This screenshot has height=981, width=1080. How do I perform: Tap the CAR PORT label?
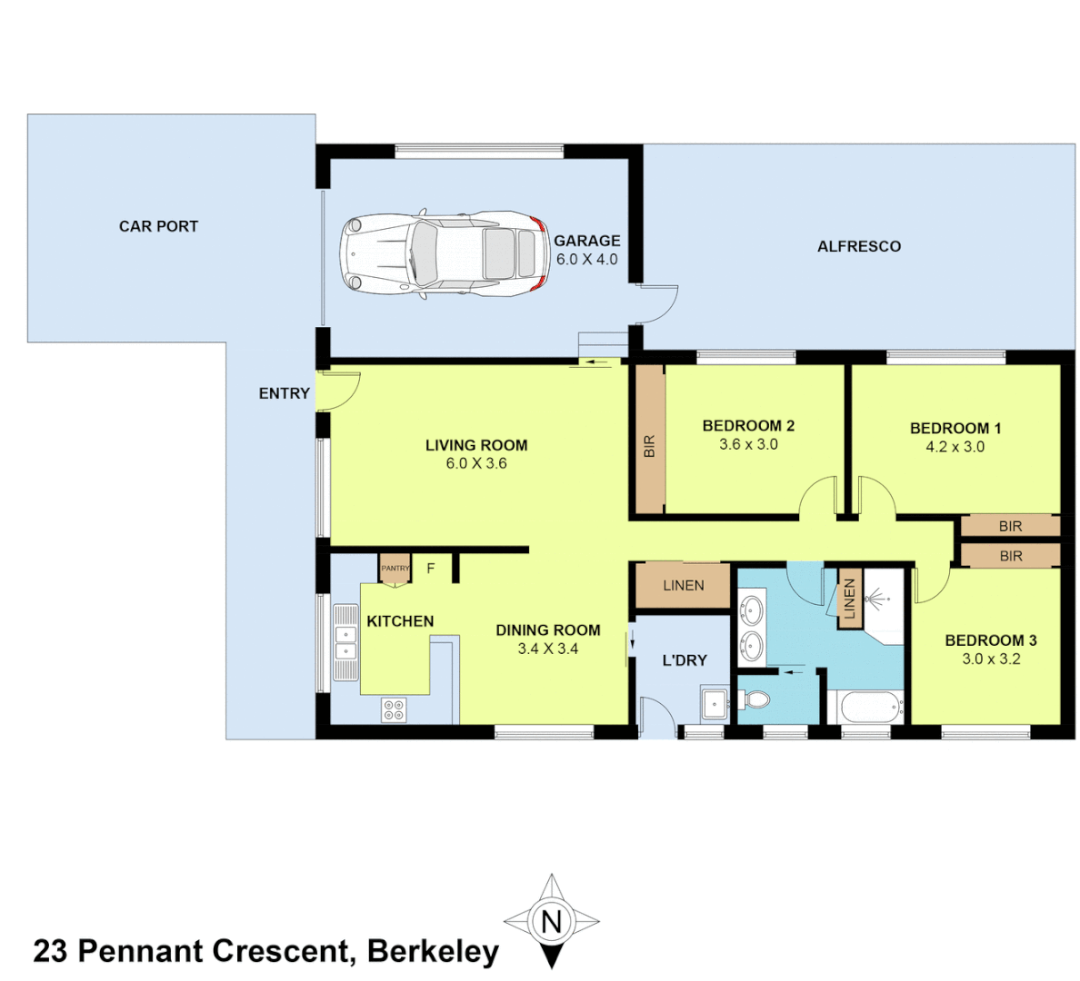tap(158, 226)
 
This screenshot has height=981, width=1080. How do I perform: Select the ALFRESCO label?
tap(858, 246)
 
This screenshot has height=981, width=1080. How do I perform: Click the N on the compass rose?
tap(551, 922)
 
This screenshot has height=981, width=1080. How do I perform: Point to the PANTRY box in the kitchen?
tap(395, 569)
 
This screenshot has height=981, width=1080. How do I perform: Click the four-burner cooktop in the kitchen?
tap(394, 710)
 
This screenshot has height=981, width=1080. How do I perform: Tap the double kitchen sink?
tap(345, 642)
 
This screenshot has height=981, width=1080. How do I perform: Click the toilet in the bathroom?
tap(754, 700)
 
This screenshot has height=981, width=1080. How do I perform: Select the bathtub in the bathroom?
tap(869, 706)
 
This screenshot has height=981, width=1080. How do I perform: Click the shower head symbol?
tap(876, 599)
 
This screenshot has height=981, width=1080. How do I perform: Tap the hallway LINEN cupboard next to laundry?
tap(683, 586)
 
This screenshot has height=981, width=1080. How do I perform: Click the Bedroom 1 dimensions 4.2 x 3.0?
tap(955, 447)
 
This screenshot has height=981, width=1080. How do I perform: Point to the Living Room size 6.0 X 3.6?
tap(476, 463)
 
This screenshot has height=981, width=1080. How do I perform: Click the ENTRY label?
tap(284, 393)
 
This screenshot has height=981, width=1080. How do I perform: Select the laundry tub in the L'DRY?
tap(714, 703)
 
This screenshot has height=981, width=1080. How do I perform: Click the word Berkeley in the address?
tap(433, 951)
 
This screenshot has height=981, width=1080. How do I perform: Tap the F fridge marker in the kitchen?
tap(431, 569)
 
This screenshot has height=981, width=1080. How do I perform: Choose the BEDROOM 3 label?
tap(990, 640)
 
